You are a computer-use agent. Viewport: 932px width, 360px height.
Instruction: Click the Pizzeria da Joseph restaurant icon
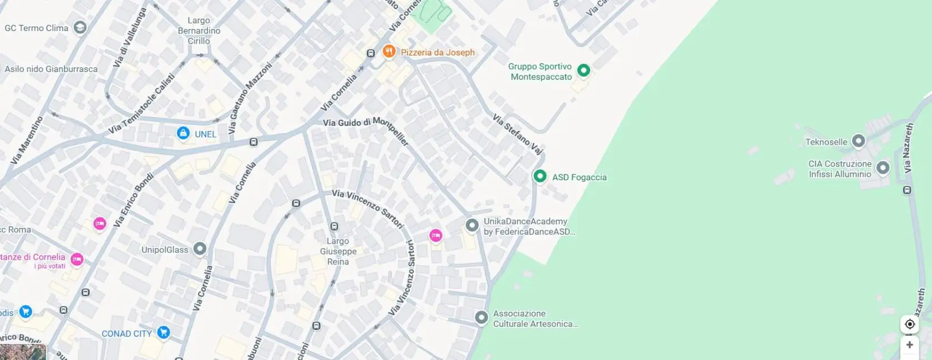tap(389, 52)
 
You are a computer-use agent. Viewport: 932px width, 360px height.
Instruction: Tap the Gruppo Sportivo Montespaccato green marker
tap(583, 70)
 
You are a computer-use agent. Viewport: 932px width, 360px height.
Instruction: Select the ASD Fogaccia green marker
tap(540, 176)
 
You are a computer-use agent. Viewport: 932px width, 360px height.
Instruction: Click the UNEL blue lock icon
tap(183, 133)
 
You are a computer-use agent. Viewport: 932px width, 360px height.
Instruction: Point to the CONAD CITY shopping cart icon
tap(163, 333)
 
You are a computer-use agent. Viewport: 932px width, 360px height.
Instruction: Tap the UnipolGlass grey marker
tap(200, 249)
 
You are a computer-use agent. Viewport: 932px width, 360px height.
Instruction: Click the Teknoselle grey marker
tap(858, 141)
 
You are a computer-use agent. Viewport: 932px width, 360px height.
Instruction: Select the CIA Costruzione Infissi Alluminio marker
tap(883, 168)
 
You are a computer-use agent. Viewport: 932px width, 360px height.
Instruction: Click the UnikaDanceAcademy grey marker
tap(472, 225)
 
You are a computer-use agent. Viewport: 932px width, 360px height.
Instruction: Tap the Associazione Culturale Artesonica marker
tap(482, 318)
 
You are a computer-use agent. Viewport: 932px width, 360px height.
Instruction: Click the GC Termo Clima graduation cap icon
tap(80, 28)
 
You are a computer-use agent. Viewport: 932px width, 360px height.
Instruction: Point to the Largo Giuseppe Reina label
tap(338, 251)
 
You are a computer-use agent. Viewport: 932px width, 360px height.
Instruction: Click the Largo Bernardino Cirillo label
tap(199, 31)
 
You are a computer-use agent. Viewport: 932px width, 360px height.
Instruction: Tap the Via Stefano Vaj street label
tap(518, 134)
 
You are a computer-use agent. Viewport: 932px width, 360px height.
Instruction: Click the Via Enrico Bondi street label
tap(133, 200)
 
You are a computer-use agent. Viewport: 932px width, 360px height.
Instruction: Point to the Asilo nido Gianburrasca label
tap(51, 69)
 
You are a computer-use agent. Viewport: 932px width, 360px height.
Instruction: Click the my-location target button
tap(909, 324)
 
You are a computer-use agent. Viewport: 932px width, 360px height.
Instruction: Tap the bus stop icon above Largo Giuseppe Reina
tap(334, 226)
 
